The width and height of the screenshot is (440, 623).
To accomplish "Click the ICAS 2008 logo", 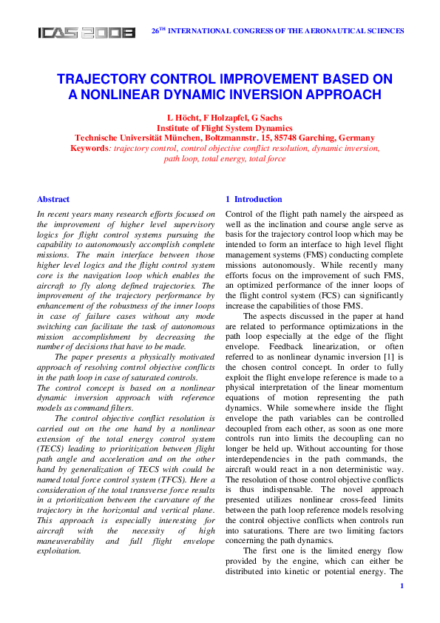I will [87, 33].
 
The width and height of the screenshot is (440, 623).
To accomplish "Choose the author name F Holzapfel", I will [220, 118].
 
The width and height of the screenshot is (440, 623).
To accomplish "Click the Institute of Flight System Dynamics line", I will [220, 128].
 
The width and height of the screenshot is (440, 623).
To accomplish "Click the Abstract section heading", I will [53, 199].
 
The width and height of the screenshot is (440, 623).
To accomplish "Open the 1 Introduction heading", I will [253, 199].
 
